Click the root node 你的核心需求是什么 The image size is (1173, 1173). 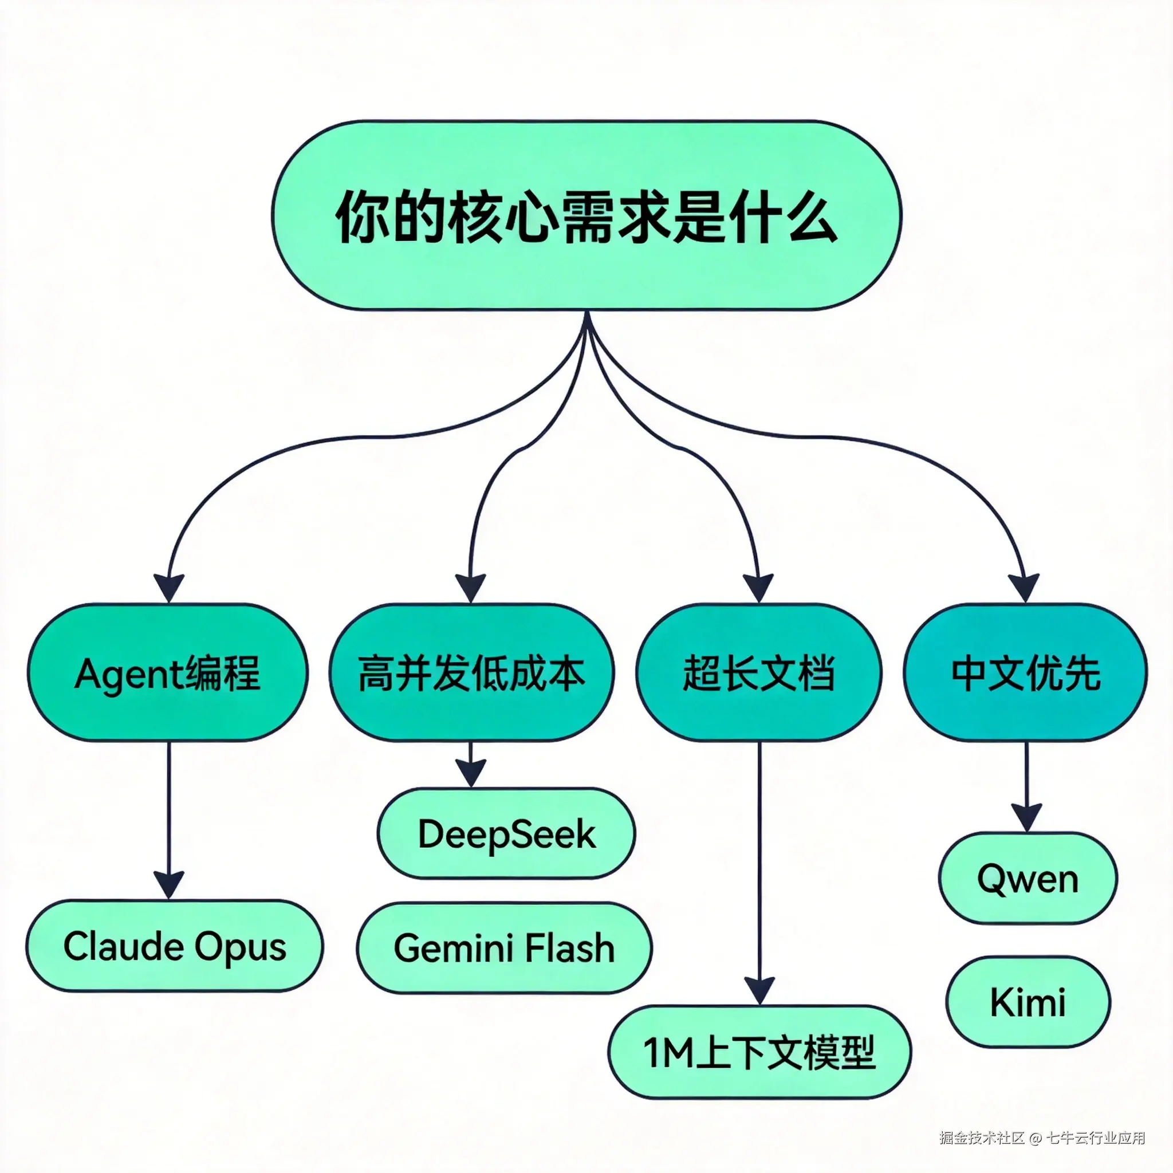(586, 215)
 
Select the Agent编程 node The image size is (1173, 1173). (168, 673)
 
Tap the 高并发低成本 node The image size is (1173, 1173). (471, 673)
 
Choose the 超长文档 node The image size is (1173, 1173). (758, 673)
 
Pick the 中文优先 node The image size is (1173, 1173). (1025, 673)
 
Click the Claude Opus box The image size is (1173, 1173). (175, 947)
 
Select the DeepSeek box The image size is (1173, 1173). (506, 833)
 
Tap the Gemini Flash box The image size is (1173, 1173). (504, 948)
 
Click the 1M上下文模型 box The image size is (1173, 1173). (759, 1052)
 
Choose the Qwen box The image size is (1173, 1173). (1028, 879)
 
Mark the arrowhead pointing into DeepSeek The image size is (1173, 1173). (471, 772)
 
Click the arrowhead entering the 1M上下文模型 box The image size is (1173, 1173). (759, 990)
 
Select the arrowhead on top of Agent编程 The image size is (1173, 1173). (169, 587)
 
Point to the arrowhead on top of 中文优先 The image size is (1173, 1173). (1025, 587)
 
